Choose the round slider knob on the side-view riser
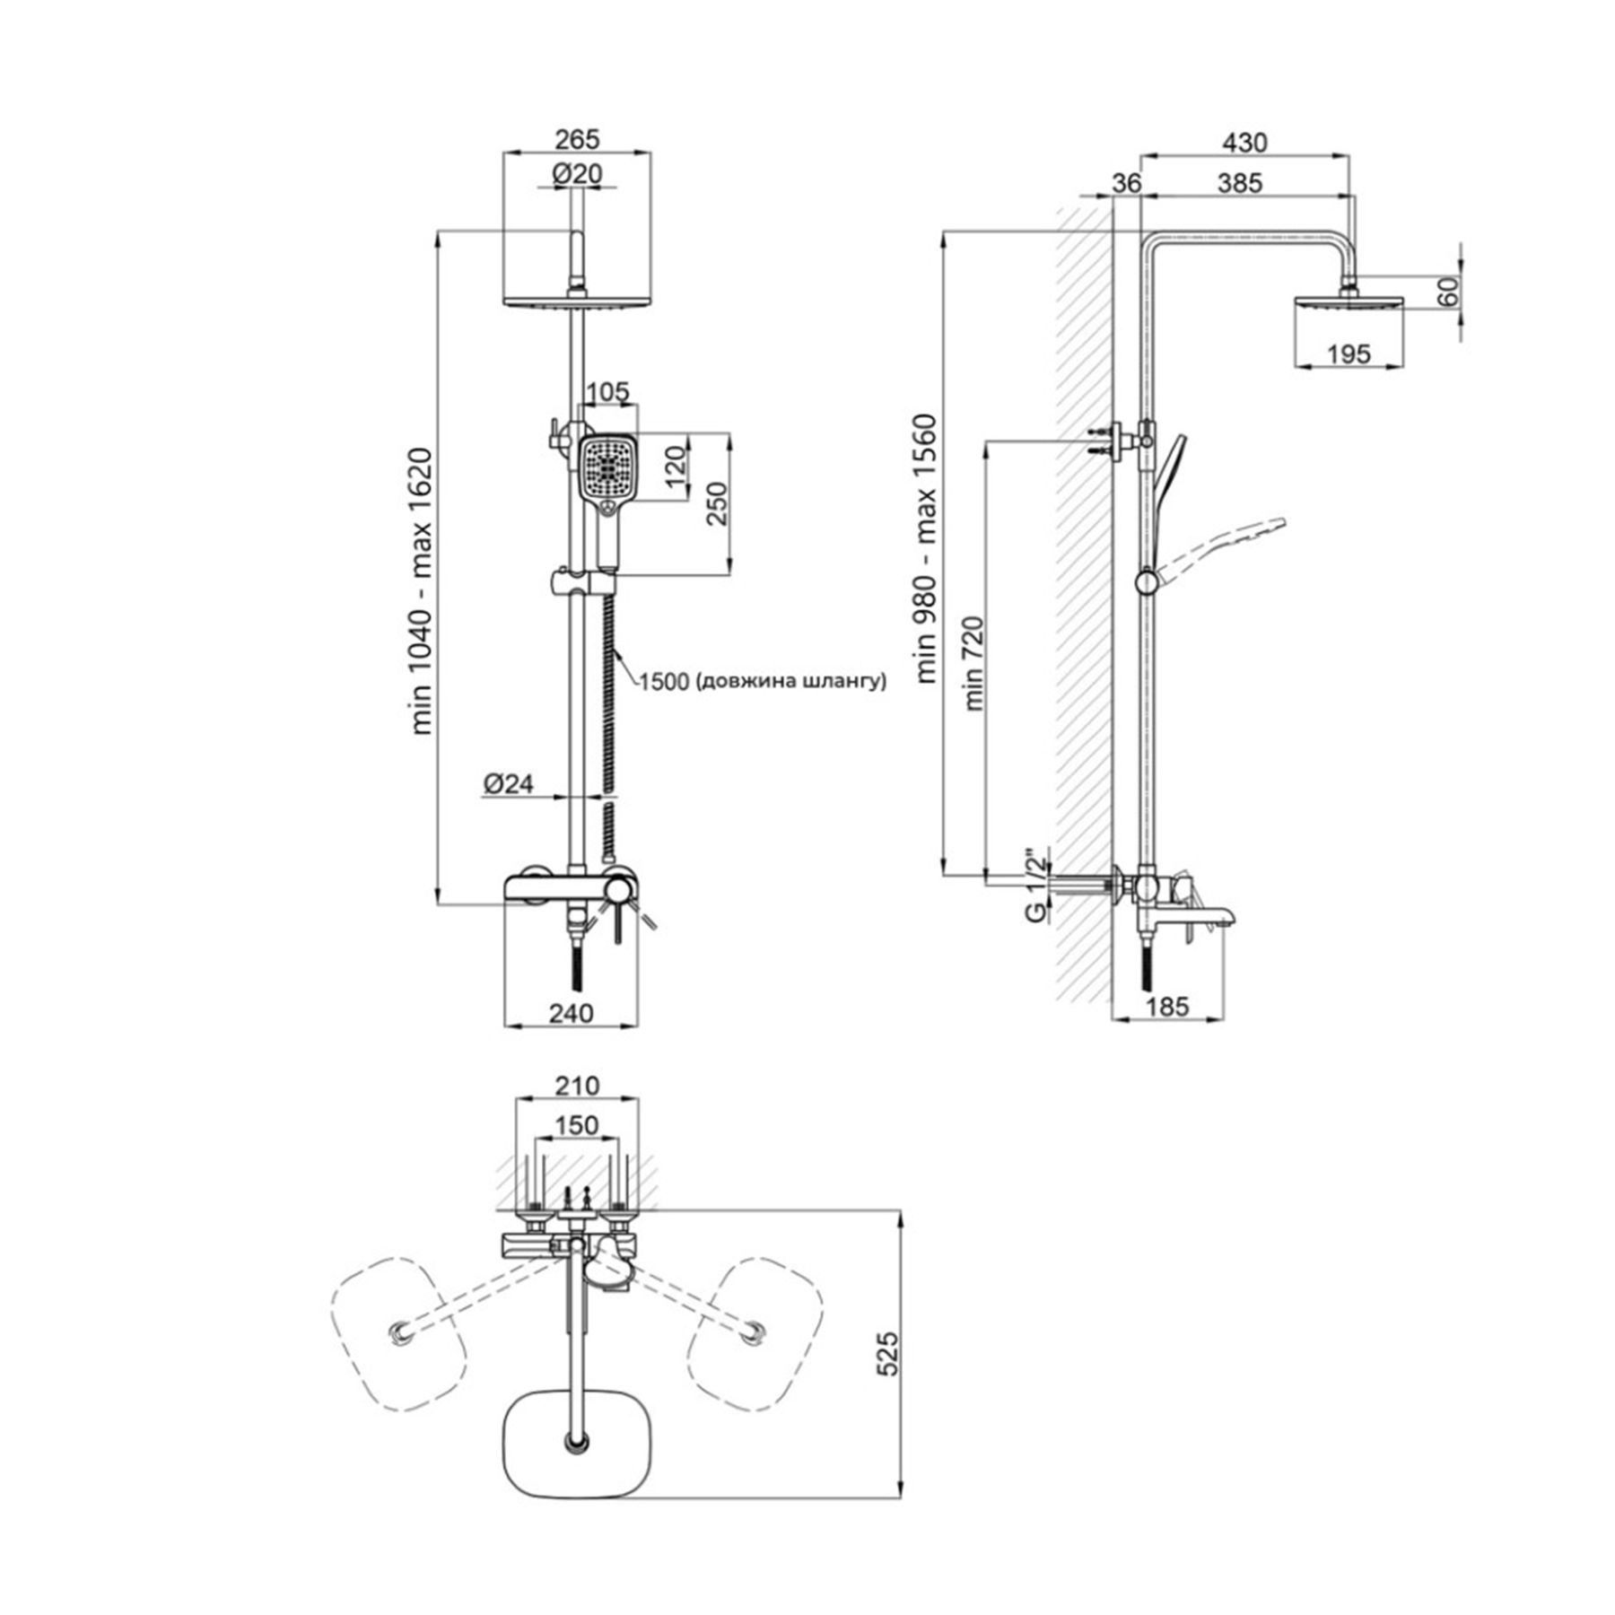tap(1147, 581)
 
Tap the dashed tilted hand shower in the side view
tap(1221, 546)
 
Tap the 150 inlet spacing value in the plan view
tap(577, 1124)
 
